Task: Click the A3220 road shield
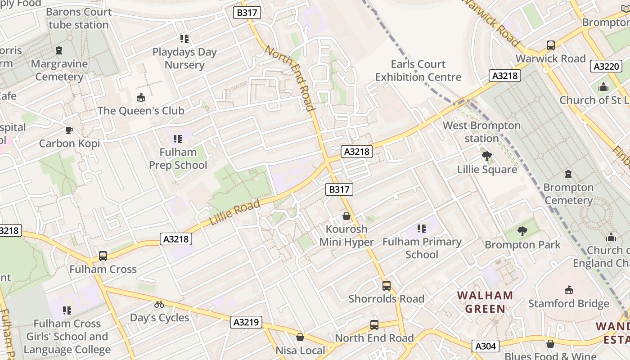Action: [606, 67]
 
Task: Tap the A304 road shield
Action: [486, 346]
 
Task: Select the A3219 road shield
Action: [247, 322]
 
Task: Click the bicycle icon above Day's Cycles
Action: [159, 304]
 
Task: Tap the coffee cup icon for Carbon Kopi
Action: [69, 130]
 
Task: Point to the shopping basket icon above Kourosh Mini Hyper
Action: [346, 216]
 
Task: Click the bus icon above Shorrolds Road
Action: [386, 285]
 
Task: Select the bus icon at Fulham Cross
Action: [103, 256]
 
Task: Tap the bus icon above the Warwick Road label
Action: [550, 45]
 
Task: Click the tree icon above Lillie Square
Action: [486, 156]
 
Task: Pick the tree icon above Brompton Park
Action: [522, 231]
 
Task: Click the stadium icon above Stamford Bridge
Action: [568, 290]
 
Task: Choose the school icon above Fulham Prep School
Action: [178, 139]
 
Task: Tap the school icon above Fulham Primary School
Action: [421, 229]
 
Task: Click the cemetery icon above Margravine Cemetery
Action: [59, 50]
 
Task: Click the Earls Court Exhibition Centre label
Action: [418, 71]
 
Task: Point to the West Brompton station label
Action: [481, 132]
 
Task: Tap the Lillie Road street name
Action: [234, 213]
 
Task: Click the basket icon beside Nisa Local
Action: [300, 337]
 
